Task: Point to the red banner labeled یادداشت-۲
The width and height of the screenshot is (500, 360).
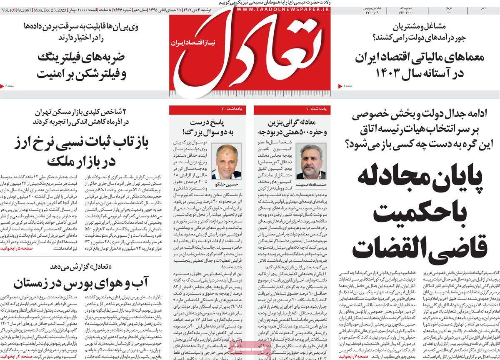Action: (208, 110)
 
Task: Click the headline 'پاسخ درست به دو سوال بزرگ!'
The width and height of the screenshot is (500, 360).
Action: (208, 127)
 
